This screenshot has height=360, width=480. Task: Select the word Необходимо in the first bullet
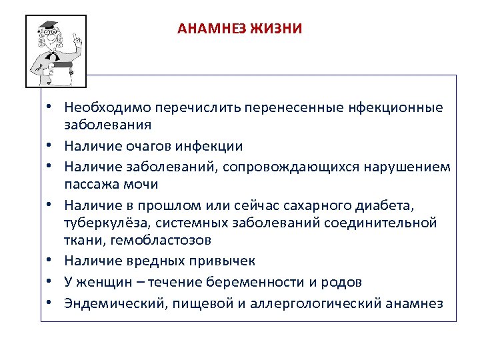107,107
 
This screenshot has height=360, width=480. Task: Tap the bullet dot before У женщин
50,282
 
